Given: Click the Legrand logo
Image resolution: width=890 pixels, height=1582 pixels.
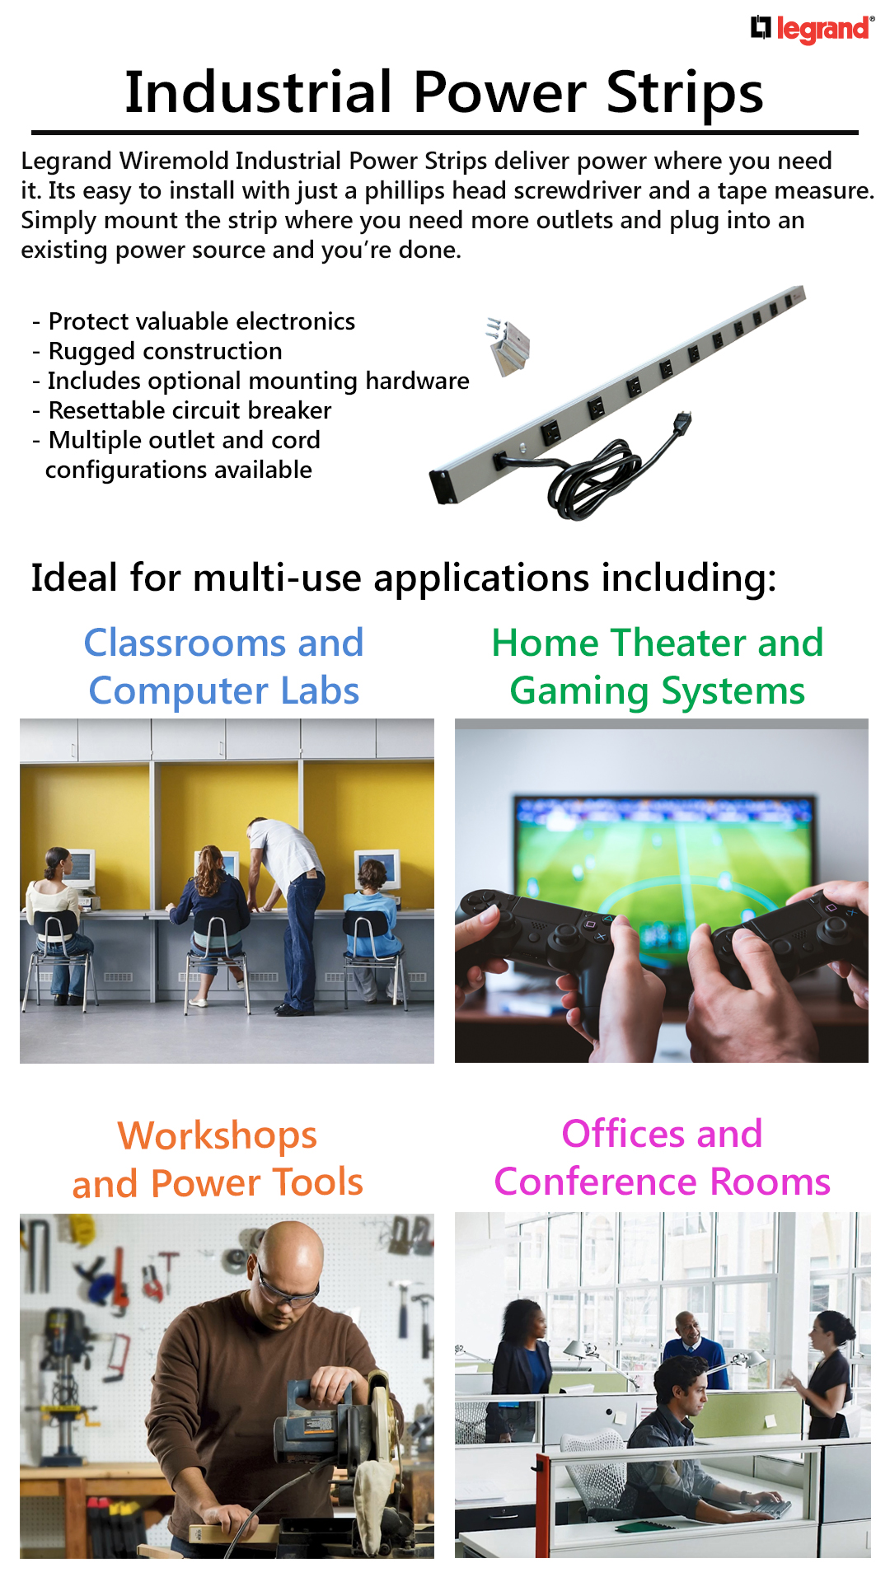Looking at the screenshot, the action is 813,29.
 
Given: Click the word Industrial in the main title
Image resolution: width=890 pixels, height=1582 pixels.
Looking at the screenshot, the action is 258,91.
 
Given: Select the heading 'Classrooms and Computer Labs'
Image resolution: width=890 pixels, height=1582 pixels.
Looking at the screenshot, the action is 223,667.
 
